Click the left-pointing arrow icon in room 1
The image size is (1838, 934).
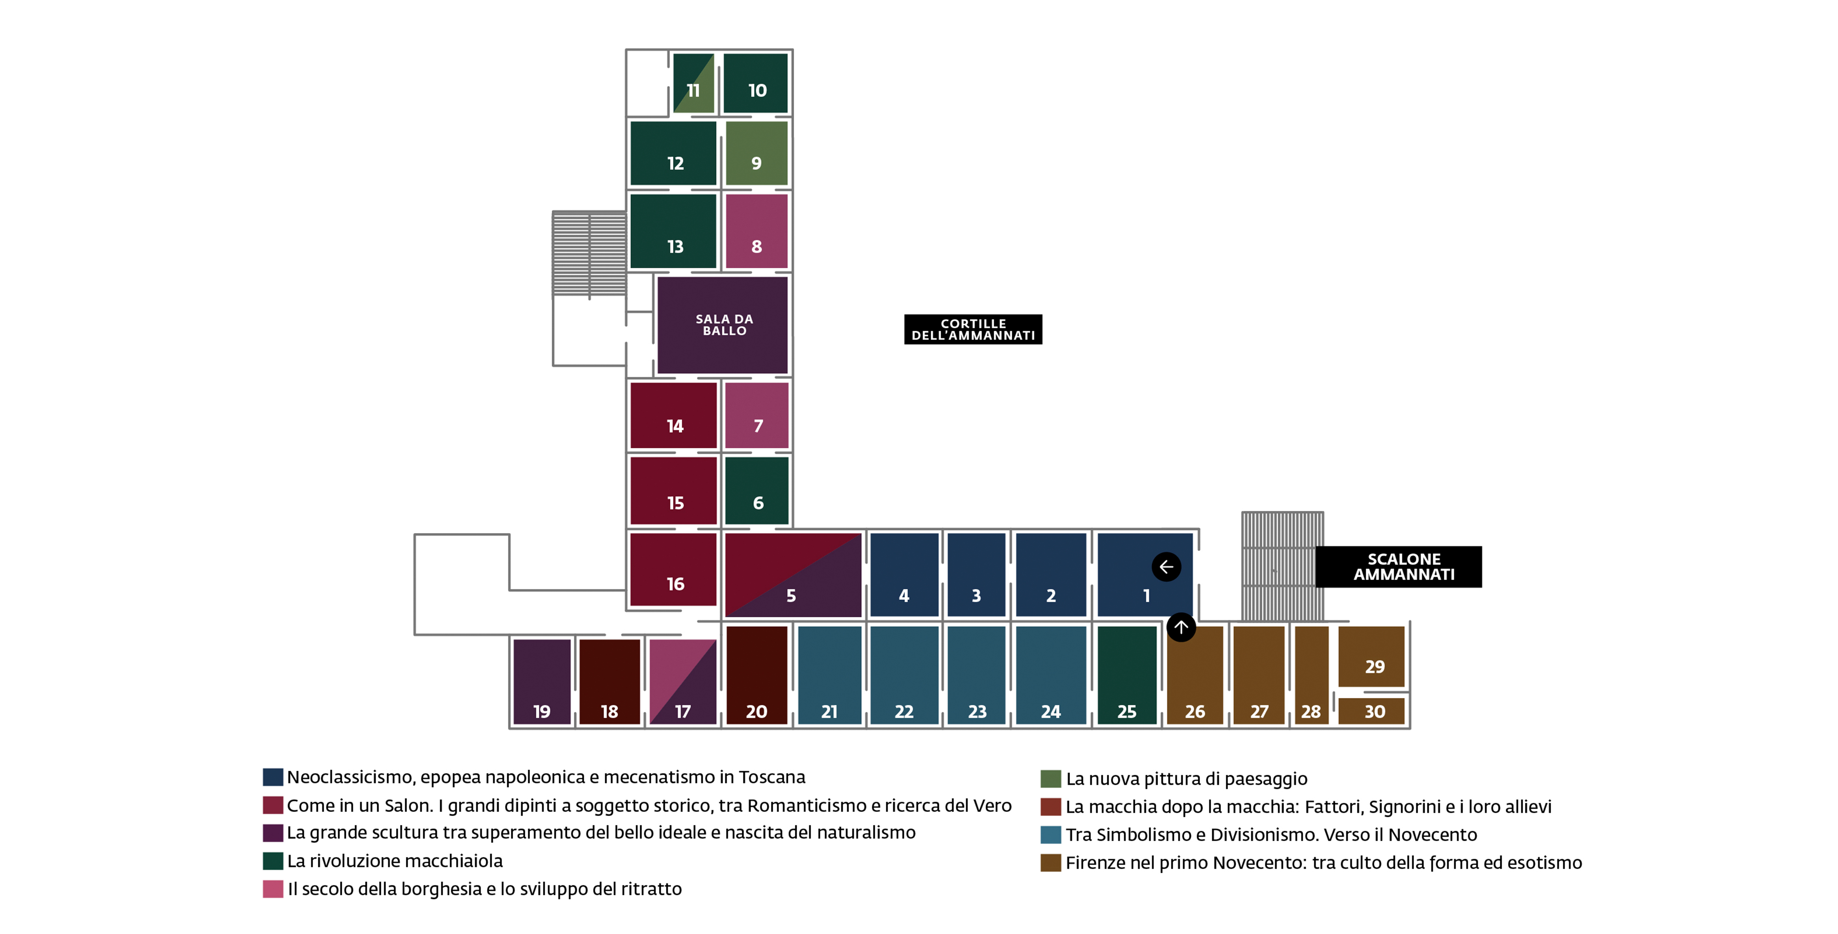(1166, 567)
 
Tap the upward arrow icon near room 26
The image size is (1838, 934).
(1181, 627)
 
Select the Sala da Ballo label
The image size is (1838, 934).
(724, 325)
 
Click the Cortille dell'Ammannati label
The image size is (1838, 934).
(973, 329)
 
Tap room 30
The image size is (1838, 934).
(1371, 711)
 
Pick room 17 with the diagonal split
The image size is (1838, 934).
(683, 681)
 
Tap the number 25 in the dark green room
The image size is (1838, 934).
(1127, 712)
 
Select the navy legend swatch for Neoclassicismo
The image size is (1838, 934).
(272, 776)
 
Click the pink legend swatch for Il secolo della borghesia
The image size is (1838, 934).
(272, 889)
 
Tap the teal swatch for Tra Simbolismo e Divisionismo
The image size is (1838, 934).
(1050, 834)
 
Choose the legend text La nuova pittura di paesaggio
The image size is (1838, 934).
(1186, 779)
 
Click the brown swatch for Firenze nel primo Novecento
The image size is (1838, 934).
(1050, 863)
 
